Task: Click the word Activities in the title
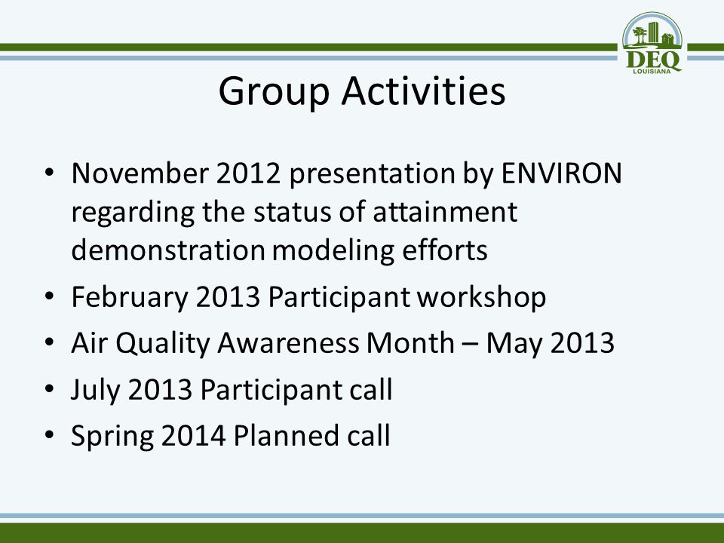click(423, 90)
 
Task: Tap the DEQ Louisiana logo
click(652, 43)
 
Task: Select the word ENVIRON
click(561, 173)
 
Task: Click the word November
click(140, 173)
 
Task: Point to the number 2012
click(248, 173)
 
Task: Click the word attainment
click(445, 212)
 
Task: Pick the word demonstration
click(168, 250)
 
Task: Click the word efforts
click(445, 250)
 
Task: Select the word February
click(130, 298)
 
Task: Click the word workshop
click(482, 298)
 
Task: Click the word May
click(514, 344)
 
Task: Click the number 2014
click(194, 435)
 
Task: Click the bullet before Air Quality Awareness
click(50, 342)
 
